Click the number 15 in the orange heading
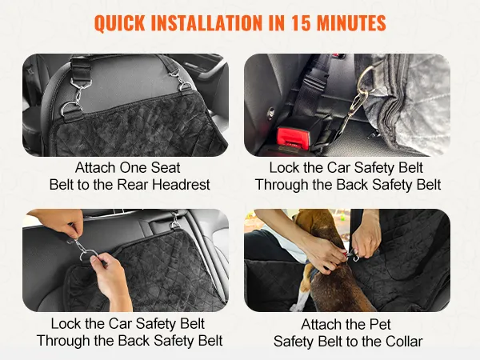(x=300, y=23)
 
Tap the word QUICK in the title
(x=120, y=23)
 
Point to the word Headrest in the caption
(x=181, y=185)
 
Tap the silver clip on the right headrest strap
(x=180, y=79)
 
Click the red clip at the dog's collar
(x=346, y=253)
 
